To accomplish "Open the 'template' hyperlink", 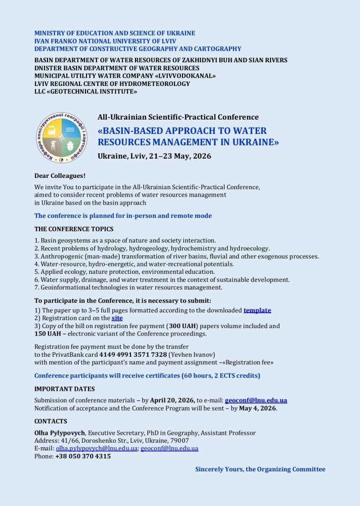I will pyautogui.click(x=257, y=310).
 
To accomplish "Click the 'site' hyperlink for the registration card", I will pyautogui.click(x=117, y=318).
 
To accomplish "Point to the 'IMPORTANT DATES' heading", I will pyautogui.click(x=64, y=389).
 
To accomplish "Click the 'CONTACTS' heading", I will pyautogui.click(x=50, y=422).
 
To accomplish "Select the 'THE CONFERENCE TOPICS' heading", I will pyautogui.click(x=74, y=229).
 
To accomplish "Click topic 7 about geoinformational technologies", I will pyautogui.click(x=129, y=288).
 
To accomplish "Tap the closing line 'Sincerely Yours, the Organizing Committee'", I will pyautogui.click(x=260, y=469).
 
